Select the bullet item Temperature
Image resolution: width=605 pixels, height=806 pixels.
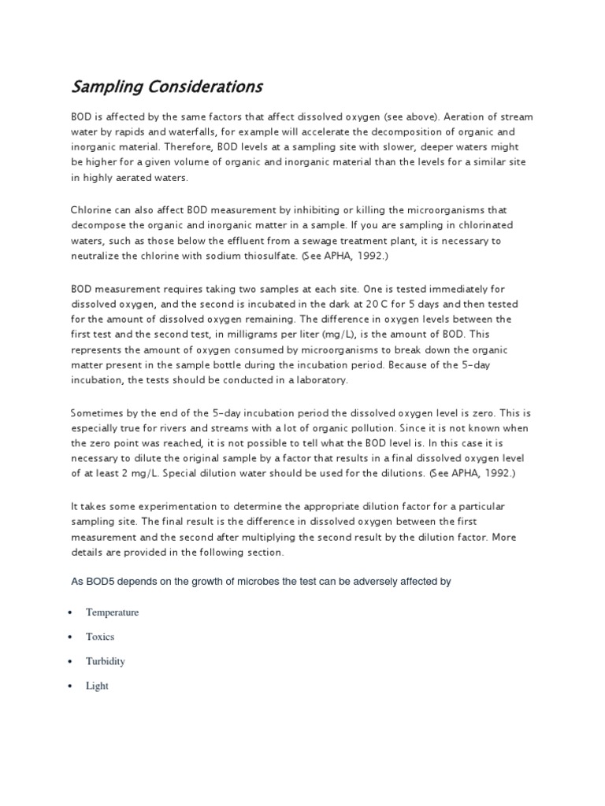tap(112, 612)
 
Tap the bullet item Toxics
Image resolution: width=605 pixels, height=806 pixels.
tap(100, 637)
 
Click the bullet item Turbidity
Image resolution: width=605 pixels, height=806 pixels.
tap(106, 661)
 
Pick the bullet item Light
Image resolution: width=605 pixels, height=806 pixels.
tap(97, 686)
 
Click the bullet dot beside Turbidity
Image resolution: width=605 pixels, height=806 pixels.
tap(71, 662)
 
